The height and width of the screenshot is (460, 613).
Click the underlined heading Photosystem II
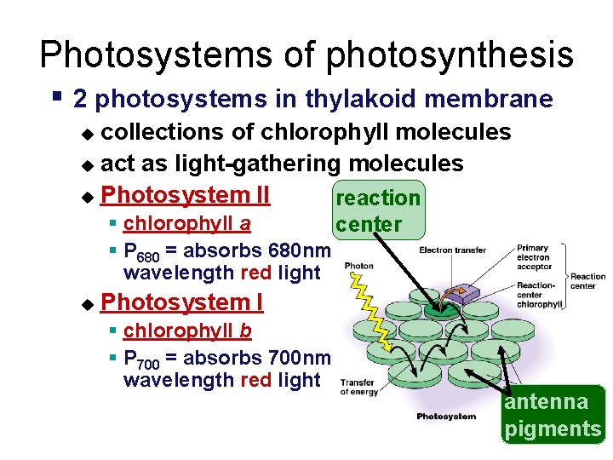pos(185,195)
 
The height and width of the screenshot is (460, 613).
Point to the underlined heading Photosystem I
pos(181,302)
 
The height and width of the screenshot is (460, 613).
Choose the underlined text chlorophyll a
pos(186,224)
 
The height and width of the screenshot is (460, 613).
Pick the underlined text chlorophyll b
pos(187,331)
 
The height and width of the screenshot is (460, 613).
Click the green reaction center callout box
pos(378,210)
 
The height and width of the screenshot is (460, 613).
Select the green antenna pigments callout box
pos(553,415)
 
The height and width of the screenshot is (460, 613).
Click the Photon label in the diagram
pos(358,266)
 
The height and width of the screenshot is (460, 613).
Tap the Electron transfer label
pos(452,250)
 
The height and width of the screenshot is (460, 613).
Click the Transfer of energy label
pos(358,388)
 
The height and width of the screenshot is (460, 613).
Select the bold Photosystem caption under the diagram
pos(446,417)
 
